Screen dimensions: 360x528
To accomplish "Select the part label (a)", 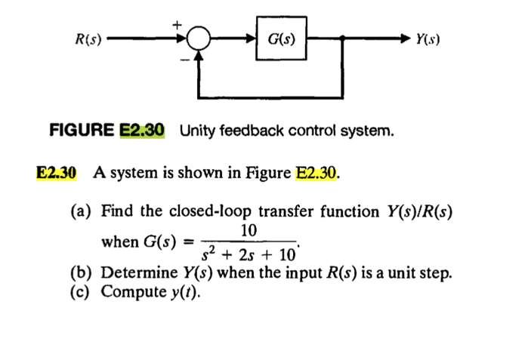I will coord(82,211).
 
